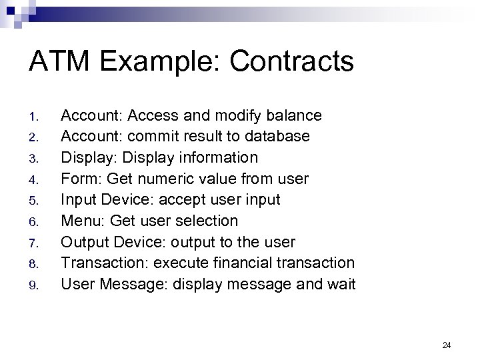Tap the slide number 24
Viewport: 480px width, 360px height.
[447, 345]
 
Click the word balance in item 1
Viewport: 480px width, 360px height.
[295, 116]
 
